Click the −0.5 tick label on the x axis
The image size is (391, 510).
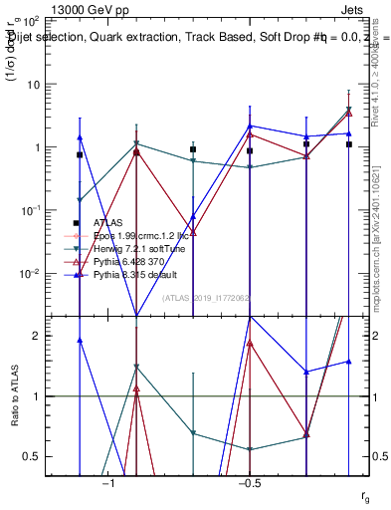coord(249,483)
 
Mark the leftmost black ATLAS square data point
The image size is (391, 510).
coord(80,155)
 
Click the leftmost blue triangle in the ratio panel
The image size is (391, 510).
coord(80,340)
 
